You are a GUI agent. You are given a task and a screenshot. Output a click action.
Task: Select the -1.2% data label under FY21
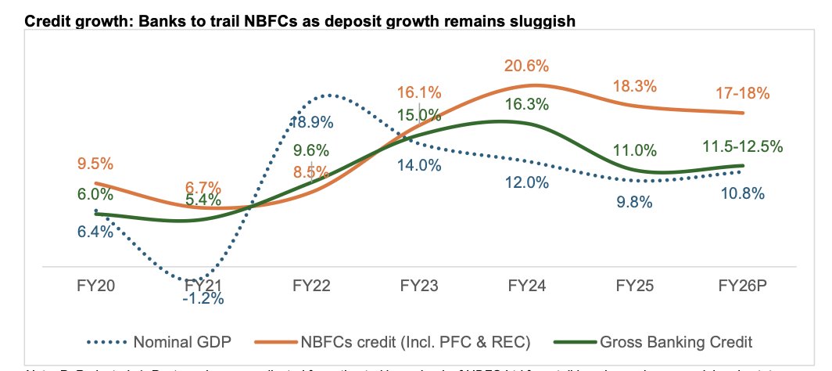[x=203, y=298]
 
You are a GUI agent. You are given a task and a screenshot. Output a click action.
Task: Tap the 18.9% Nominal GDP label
[x=312, y=122]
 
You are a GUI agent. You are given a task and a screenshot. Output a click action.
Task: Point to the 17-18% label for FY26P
[x=742, y=93]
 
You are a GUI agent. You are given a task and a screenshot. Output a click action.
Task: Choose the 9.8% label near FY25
[x=632, y=202]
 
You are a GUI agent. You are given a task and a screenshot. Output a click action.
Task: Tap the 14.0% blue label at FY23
[x=420, y=165]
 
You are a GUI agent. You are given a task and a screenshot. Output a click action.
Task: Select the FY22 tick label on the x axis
[x=311, y=286]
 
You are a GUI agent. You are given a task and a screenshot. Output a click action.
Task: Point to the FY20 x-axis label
[x=95, y=286]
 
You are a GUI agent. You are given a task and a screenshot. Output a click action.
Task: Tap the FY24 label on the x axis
[x=526, y=286]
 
